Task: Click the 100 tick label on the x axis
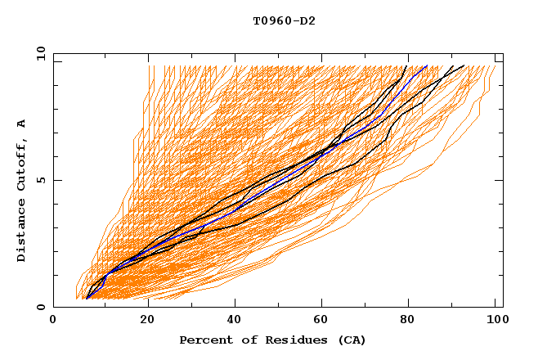495,322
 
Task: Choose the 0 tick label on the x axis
53,322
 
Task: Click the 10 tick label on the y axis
38,53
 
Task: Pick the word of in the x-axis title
241,340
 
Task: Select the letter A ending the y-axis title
22,124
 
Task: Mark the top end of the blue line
427,65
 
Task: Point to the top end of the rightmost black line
464,65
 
